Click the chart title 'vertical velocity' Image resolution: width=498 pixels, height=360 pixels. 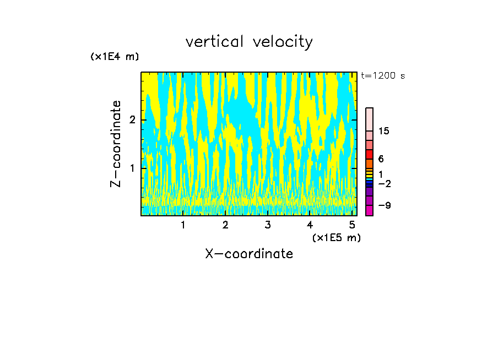coord(249,42)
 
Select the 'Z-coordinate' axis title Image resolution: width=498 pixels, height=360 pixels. coord(116,144)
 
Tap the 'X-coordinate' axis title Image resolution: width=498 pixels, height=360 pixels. coord(249,254)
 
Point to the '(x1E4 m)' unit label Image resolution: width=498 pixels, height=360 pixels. coord(115,57)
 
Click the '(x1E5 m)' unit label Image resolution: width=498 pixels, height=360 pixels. coord(336,237)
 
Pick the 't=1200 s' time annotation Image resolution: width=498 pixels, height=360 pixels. coord(383,76)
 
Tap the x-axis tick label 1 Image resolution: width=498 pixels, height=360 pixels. coord(183,225)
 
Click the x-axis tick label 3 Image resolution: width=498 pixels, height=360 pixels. coord(268,225)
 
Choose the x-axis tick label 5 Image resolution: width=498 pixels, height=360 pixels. coord(352,225)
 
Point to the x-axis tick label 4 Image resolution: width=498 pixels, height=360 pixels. coord(310,225)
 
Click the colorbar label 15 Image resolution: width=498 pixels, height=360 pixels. coord(384,131)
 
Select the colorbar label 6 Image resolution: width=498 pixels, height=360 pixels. coord(381,159)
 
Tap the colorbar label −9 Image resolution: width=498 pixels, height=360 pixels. coord(384,205)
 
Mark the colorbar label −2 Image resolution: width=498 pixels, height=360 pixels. coord(384,183)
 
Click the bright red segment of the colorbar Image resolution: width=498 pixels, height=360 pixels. coord(370,154)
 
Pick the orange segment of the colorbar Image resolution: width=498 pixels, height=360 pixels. coord(370,163)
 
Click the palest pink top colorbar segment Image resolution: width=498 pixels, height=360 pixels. coord(370,119)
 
